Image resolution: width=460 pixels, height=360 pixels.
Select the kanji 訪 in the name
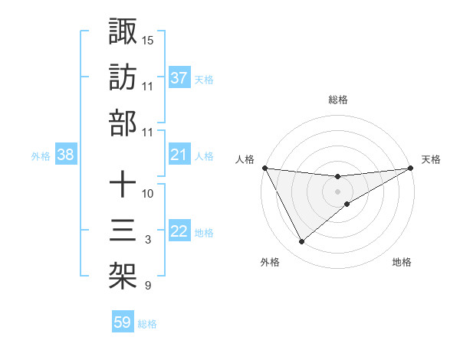coord(123,77)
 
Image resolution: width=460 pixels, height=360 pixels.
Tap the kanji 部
coord(123,123)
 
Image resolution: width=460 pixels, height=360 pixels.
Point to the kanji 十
coord(123,185)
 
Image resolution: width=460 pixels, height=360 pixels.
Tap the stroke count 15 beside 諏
coord(148,40)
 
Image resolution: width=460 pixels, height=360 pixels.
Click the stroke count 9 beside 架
coord(148,286)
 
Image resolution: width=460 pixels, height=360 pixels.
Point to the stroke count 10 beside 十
coord(148,194)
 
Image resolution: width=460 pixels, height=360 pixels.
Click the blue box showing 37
coord(179,77)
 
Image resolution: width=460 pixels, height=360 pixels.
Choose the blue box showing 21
coord(179,155)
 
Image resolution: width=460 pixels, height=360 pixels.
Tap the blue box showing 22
coord(179,231)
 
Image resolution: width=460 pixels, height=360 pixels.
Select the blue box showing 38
coord(66,155)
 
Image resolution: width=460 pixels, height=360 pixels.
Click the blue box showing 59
coord(123,322)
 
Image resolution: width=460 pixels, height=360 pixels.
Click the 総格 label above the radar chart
coord(338,100)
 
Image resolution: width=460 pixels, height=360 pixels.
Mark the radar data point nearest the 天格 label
coord(412,169)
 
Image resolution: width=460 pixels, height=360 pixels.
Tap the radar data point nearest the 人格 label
coord(265,168)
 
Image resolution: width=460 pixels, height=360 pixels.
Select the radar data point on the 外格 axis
coord(301,242)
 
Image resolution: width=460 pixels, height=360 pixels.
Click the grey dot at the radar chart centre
coord(338,191)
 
